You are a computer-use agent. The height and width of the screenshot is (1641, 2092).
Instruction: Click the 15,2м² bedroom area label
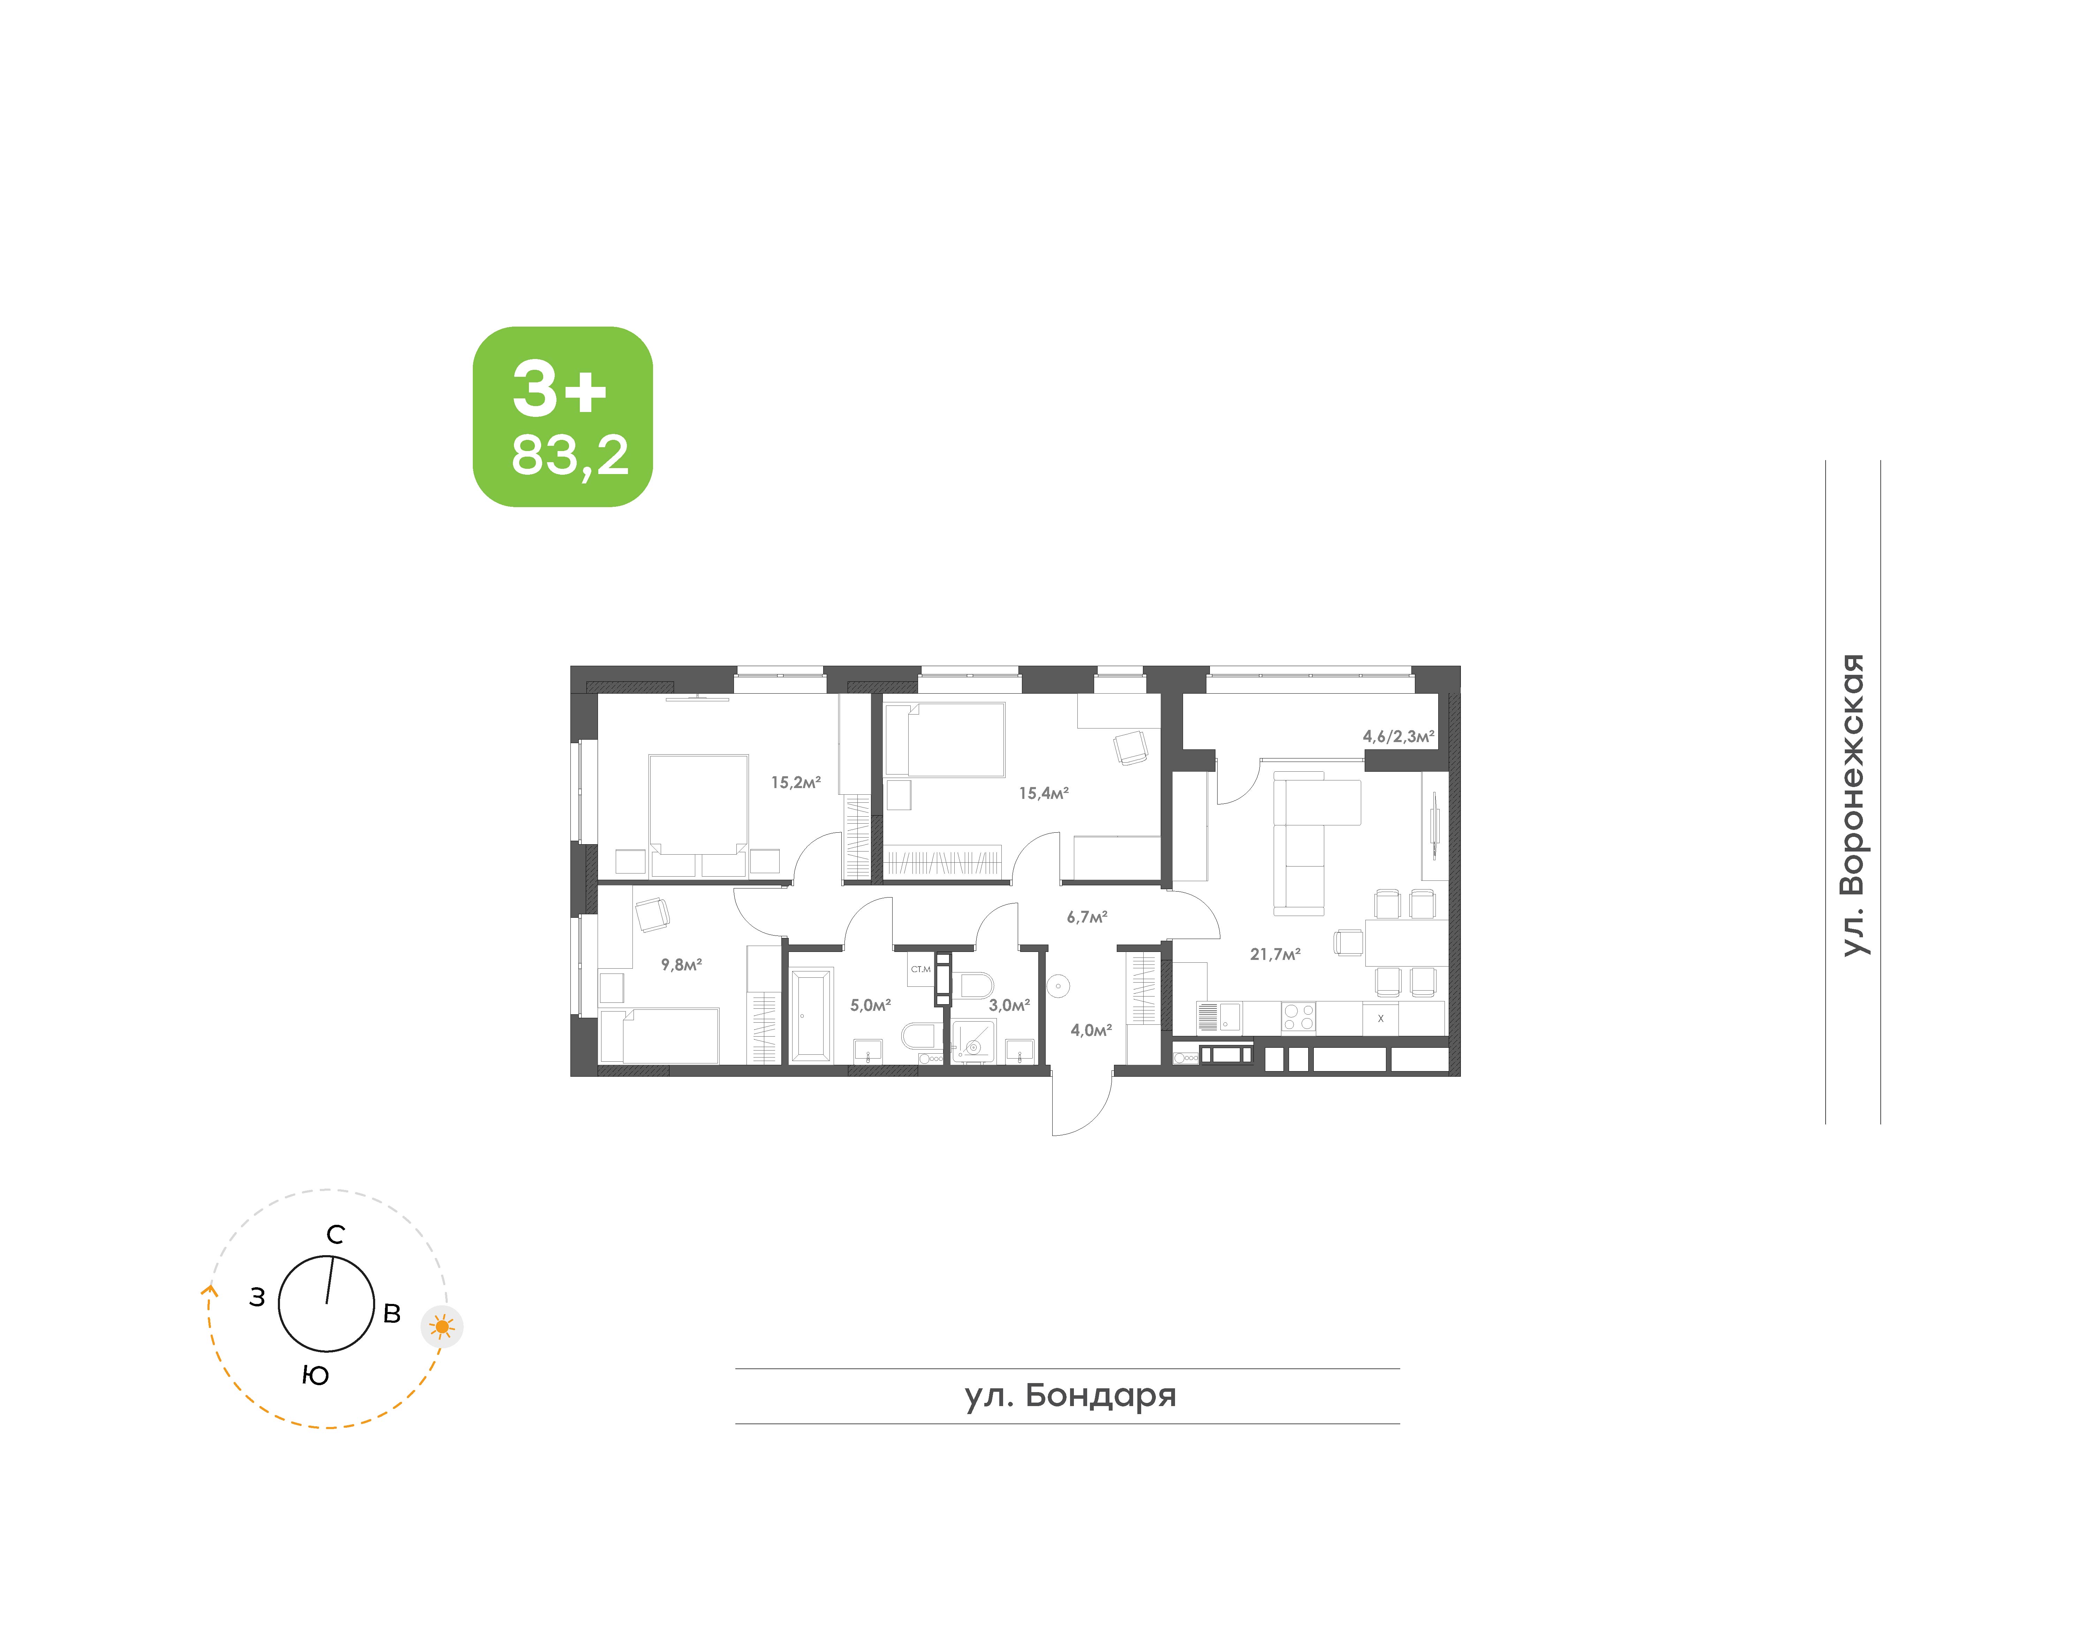point(796,782)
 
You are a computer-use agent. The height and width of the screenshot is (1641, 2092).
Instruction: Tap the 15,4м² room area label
point(1044,794)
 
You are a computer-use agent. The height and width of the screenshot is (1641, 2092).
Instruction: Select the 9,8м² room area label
point(681,964)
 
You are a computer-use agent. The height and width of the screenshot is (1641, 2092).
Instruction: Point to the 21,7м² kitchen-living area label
point(1275,954)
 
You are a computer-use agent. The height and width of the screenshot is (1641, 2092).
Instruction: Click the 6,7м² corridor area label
point(1087,917)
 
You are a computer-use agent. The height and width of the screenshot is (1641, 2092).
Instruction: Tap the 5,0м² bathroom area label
point(871,1005)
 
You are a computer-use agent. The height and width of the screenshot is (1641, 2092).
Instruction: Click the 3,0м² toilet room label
point(1009,1005)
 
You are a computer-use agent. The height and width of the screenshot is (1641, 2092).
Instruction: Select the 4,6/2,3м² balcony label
point(1398,737)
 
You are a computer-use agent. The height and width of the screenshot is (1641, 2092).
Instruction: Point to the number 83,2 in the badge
point(570,456)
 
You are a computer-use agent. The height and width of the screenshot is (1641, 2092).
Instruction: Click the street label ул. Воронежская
point(1854,805)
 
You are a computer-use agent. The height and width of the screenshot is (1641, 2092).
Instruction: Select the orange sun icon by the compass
point(442,1327)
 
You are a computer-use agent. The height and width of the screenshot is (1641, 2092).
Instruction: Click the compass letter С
point(335,1235)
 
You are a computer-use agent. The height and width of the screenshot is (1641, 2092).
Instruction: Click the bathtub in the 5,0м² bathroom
point(811,1015)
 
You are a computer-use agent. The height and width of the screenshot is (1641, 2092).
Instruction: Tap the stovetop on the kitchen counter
point(1298,1016)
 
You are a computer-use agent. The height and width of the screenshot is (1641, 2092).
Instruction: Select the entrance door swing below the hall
point(1082,1105)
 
